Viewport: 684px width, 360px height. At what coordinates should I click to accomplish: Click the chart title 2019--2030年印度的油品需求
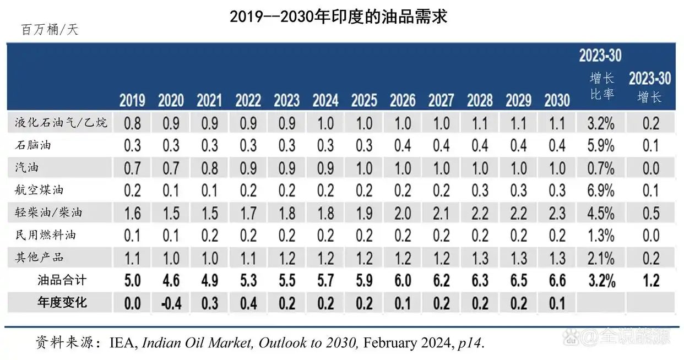[x=338, y=17]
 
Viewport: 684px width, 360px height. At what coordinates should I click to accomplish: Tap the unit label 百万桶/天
[x=50, y=30]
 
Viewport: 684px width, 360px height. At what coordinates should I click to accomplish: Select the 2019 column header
[x=132, y=100]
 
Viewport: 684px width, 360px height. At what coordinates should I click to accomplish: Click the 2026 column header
[x=403, y=100]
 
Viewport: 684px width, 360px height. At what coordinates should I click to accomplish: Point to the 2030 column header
[x=557, y=100]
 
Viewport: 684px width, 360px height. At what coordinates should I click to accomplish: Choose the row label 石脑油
[x=33, y=145]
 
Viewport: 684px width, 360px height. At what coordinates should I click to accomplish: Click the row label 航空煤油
[x=39, y=190]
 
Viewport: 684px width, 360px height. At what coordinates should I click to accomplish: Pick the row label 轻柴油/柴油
[x=48, y=212]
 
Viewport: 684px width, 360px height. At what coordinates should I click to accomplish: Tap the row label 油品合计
[x=62, y=280]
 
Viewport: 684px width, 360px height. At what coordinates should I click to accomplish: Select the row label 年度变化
[x=62, y=302]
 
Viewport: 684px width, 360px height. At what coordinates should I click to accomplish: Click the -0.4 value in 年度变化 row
[x=171, y=303]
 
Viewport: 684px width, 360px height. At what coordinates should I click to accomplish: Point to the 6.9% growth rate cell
[x=601, y=190]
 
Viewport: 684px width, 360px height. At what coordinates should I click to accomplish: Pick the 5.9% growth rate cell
[x=601, y=145]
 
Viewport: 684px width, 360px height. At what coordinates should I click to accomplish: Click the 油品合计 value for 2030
[x=557, y=281]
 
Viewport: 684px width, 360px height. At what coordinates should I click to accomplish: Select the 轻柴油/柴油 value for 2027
[x=441, y=213]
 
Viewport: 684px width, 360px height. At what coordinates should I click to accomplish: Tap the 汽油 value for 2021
[x=209, y=168]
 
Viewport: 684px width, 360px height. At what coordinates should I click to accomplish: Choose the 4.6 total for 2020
[x=171, y=281]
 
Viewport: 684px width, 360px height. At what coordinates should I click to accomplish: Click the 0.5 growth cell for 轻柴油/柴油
[x=651, y=213]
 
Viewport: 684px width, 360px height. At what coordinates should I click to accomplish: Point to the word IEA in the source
[x=122, y=343]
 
